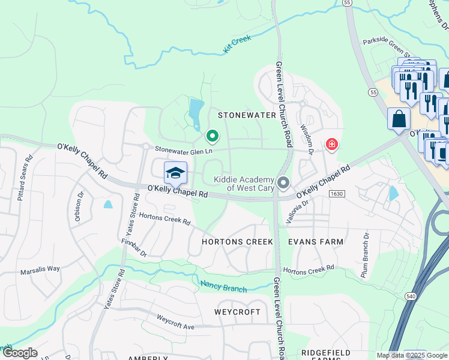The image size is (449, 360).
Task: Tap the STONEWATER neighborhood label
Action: [247, 115]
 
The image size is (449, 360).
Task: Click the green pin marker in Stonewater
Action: [212, 136]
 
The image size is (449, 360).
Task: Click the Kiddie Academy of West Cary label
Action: [245, 184]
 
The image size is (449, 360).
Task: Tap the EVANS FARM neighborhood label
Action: [316, 242]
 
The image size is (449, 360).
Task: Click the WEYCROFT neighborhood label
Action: [238, 313]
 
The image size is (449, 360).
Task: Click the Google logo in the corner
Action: [20, 353]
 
